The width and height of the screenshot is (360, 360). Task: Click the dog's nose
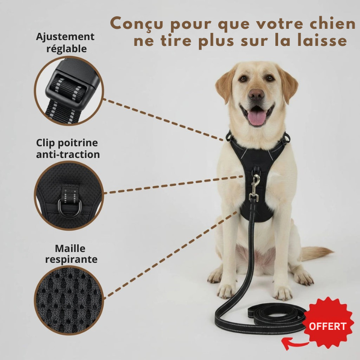pyautogui.click(x=256, y=94)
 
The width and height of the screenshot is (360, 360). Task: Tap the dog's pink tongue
pyautogui.click(x=257, y=117)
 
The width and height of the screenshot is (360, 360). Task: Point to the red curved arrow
pyautogui.click(x=294, y=343)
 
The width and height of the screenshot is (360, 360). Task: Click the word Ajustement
pyautogui.click(x=65, y=37)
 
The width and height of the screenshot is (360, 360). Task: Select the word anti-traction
pyautogui.click(x=68, y=154)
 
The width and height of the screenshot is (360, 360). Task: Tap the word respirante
pyautogui.click(x=71, y=260)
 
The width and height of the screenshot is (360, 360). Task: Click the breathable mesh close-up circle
pyautogui.click(x=69, y=300)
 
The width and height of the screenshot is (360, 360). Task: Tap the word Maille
pyautogui.click(x=70, y=249)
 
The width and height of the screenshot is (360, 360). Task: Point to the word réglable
pyautogui.click(x=67, y=49)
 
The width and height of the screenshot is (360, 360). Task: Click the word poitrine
pyautogui.click(x=78, y=143)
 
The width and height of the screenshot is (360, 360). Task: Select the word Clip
pyautogui.click(x=46, y=143)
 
